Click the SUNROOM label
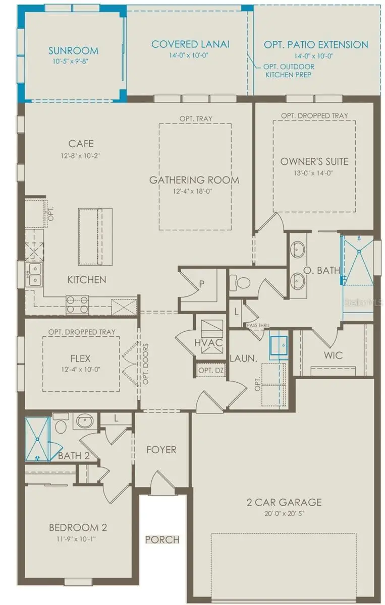[73, 50]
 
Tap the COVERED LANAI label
[190, 44]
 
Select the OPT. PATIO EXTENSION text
[316, 45]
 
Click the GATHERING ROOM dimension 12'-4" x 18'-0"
[194, 192]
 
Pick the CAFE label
[81, 144]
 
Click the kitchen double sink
[34, 275]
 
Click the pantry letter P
[202, 284]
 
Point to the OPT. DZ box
[210, 371]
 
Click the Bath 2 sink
[84, 420]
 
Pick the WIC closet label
[333, 355]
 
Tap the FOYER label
[161, 449]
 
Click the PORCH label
[162, 539]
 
